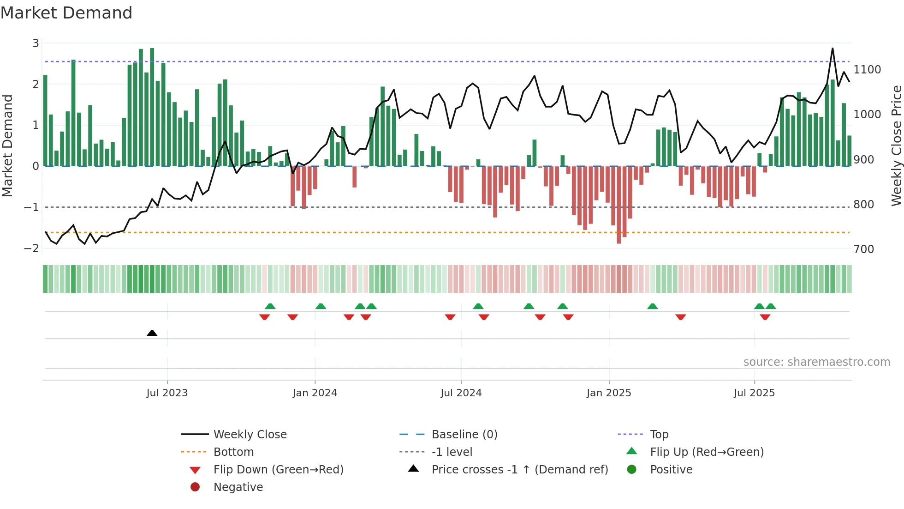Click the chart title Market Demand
pos(66,13)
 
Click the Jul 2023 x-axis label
pos(167,393)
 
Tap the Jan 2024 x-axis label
pos(315,393)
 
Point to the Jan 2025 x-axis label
pos(609,393)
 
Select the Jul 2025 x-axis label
pos(754,393)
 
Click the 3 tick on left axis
pos(36,43)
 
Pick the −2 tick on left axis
pos(31,248)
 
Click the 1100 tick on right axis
pos(867,70)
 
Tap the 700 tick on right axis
pos(864,249)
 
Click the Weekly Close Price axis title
pos(896,145)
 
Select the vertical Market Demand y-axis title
pos(8,145)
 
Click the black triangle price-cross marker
pos(152,333)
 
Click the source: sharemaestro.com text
pos(816,362)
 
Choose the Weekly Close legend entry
pos(250,435)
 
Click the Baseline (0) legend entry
pos(464,435)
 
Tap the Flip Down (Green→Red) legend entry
pos(278,470)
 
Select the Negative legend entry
pos(238,487)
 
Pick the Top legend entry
pos(659,435)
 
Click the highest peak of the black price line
pos(833,48)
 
